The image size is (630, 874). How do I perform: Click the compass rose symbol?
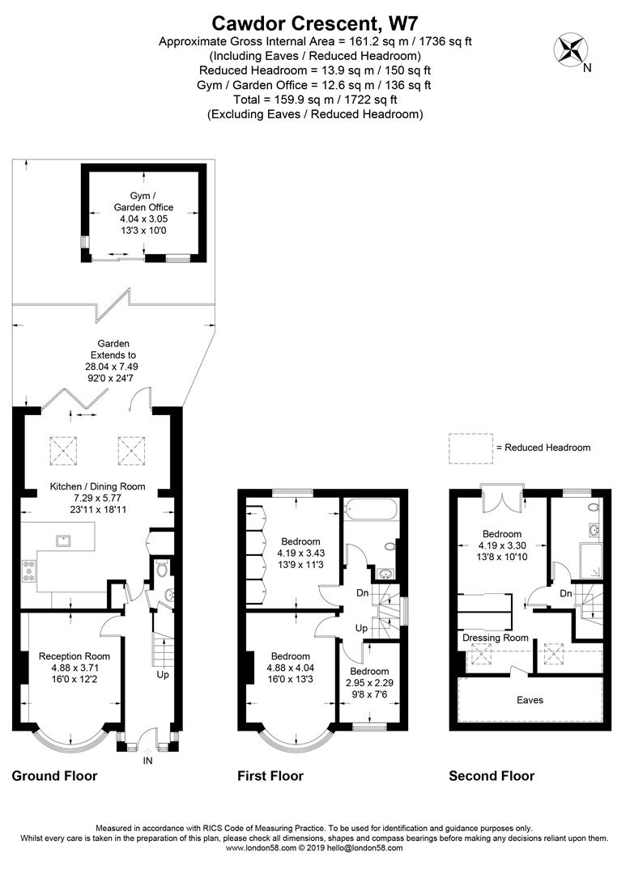point(570,49)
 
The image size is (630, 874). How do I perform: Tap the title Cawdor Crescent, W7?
point(314,23)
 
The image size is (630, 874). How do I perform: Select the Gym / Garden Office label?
point(143,202)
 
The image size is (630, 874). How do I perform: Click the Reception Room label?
point(74,656)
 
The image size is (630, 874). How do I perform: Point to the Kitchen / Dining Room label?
point(97,486)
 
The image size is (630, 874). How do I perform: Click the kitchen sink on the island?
point(63,540)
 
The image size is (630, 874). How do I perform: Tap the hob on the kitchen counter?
point(28,571)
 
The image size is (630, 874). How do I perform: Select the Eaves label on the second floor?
point(530,700)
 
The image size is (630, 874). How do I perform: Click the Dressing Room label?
point(496,638)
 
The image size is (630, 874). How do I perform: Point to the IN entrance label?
point(147,760)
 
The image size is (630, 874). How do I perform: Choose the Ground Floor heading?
point(54,776)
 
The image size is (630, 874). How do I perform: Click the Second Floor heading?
point(492,776)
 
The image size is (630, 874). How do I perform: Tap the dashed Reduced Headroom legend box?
point(471,448)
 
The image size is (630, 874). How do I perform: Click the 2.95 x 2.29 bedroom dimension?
point(369,683)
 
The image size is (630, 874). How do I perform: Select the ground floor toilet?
point(162,570)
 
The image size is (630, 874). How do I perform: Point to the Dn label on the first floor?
point(363,593)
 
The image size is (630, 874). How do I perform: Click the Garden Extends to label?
point(113,349)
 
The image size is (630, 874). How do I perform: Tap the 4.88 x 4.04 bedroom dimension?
point(291,667)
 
